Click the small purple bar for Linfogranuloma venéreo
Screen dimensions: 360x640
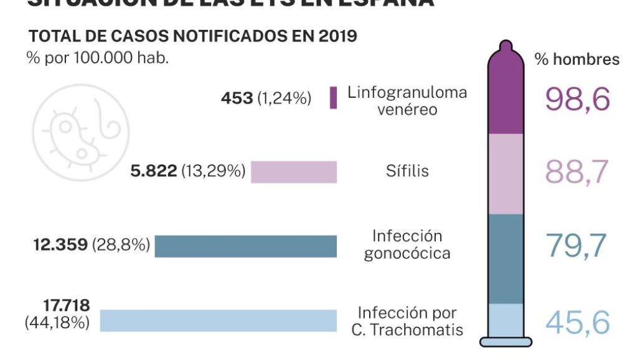click(333, 98)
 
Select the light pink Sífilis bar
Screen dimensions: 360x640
click(293, 172)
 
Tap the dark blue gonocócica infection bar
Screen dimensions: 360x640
click(245, 246)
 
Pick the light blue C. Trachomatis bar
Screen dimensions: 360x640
click(218, 320)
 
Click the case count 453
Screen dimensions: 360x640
click(237, 98)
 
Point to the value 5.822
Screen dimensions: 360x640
click(154, 171)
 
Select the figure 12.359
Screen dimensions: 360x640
click(60, 245)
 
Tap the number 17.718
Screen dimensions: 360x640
click(67, 305)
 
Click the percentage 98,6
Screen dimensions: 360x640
click(577, 100)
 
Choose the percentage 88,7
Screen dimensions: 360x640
click(577, 173)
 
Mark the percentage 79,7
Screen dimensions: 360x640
click(577, 246)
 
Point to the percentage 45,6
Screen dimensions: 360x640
click(577, 323)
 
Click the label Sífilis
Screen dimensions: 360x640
click(407, 171)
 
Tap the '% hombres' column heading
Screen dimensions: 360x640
click(577, 59)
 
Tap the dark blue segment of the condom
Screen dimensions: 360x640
click(506, 258)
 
